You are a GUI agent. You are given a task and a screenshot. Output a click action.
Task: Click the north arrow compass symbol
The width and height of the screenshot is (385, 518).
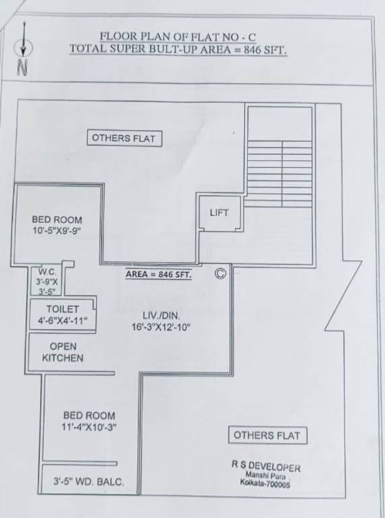[x=24, y=48]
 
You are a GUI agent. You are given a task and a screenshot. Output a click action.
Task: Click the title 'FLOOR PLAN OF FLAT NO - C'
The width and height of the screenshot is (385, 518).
[x=178, y=36]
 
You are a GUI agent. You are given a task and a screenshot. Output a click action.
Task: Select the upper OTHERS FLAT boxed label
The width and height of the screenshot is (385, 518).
[x=124, y=138]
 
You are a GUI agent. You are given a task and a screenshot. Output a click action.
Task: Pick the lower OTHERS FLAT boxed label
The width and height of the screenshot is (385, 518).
[x=268, y=435]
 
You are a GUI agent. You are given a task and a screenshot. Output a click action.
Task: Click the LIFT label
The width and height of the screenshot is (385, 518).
[x=219, y=212]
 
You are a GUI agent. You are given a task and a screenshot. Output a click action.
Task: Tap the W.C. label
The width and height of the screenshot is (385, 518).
[x=47, y=272]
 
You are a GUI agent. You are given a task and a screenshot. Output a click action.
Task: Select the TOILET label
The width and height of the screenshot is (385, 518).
[x=63, y=308]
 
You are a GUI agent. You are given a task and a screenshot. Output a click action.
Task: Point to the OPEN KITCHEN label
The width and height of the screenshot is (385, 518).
[x=63, y=352]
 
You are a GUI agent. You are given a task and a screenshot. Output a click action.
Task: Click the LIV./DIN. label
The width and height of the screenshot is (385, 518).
[x=161, y=315]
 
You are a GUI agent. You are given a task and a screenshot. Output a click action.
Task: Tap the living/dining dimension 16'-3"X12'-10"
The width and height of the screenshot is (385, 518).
[x=162, y=327]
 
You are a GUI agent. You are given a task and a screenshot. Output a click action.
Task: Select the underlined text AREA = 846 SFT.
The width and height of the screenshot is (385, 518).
[x=158, y=275]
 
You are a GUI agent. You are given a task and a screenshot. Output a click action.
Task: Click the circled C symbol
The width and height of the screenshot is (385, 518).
[x=219, y=273]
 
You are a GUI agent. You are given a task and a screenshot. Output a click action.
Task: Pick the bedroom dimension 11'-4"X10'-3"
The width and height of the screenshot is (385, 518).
[x=89, y=427]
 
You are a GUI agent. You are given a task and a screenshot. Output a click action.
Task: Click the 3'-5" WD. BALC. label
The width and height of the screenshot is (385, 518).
[x=89, y=482]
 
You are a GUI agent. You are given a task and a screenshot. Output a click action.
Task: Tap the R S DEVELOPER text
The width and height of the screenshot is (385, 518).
[x=266, y=467]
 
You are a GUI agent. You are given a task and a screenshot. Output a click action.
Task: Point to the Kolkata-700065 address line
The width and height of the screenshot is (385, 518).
[x=264, y=484]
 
